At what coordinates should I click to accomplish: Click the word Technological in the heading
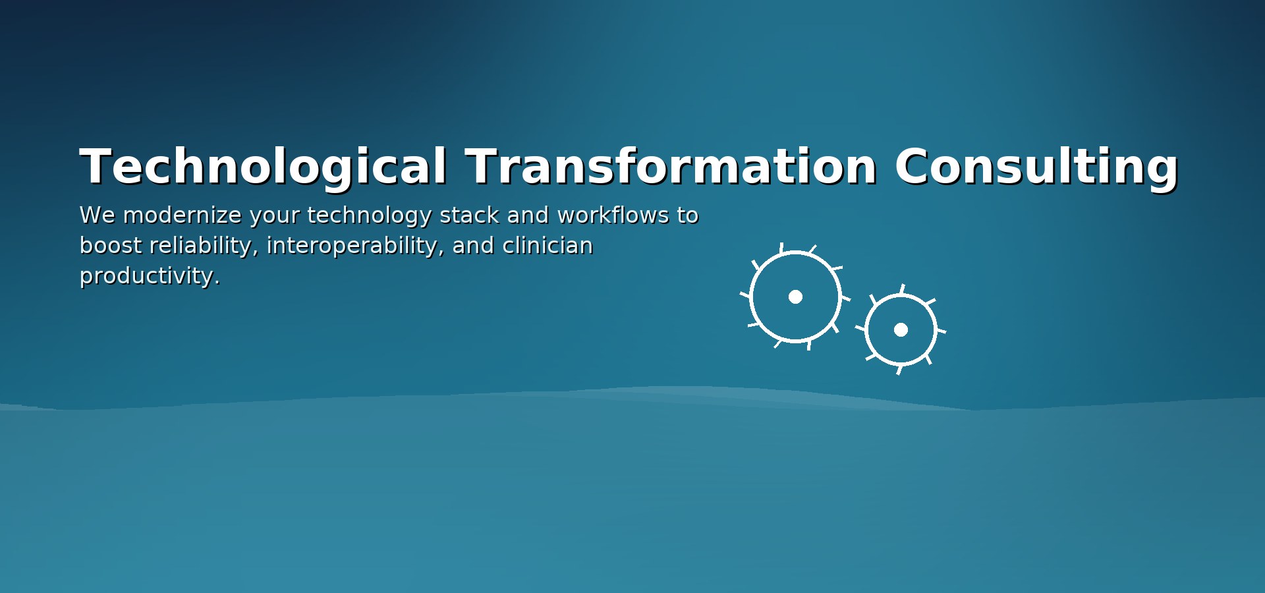[263, 167]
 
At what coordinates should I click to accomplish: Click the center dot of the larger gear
[795, 296]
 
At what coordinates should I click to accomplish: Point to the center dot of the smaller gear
[901, 329]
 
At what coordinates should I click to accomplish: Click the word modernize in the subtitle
[183, 215]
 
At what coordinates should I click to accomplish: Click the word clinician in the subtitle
[548, 246]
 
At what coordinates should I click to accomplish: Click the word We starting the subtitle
[97, 215]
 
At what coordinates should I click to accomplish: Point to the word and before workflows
[528, 215]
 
